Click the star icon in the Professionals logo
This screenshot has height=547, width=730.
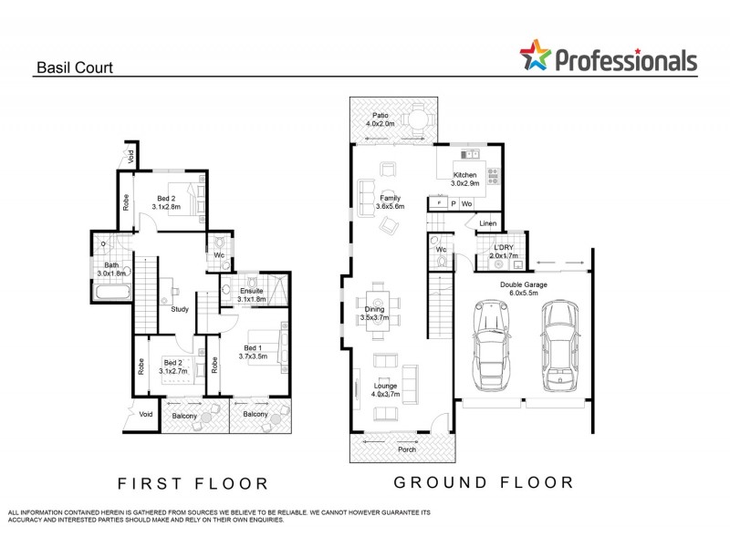click(537, 56)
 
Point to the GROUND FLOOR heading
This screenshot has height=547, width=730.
click(483, 481)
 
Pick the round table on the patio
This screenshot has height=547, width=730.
click(417, 118)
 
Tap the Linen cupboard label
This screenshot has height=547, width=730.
click(487, 223)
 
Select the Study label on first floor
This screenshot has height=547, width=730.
click(180, 309)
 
